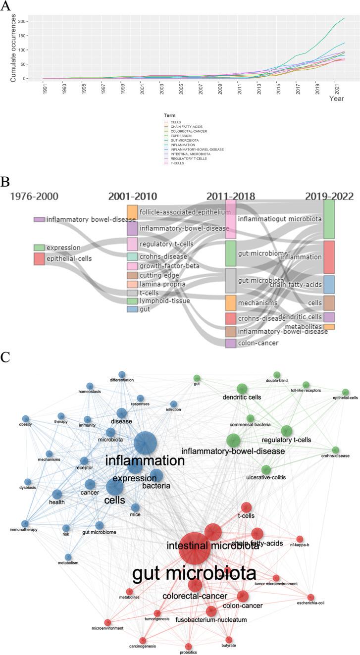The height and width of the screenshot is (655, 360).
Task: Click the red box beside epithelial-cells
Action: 39,258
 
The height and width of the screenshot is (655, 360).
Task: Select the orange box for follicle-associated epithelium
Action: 132,212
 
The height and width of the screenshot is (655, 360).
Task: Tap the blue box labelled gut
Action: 132,309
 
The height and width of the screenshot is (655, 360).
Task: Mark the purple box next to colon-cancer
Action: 231,343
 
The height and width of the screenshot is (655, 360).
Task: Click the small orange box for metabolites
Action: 329,327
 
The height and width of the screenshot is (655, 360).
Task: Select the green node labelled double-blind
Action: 277,375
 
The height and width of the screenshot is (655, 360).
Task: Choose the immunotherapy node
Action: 25,524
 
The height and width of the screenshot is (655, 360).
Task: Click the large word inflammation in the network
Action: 145,461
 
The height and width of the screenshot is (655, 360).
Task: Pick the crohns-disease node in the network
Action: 336,450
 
